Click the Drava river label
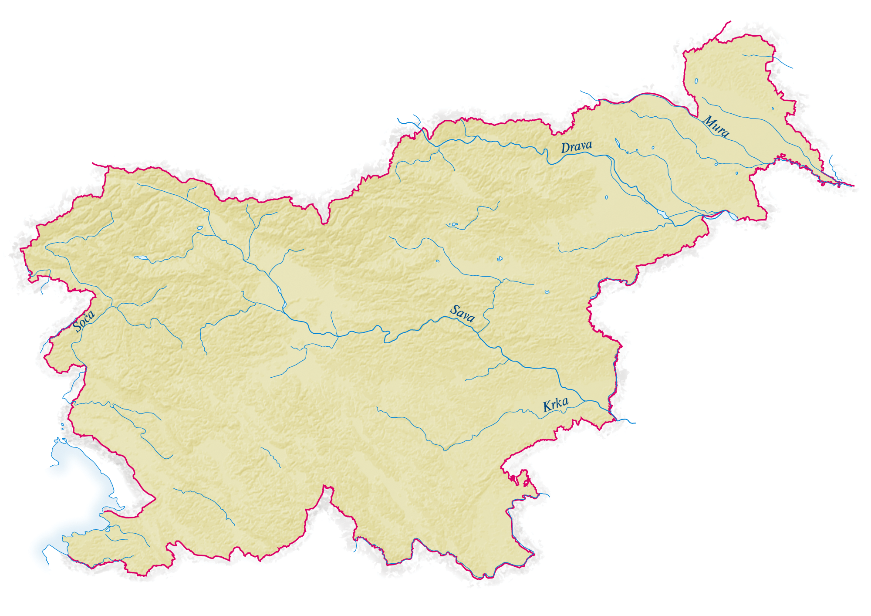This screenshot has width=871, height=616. pos(576,147)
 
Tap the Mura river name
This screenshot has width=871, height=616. pos(716,126)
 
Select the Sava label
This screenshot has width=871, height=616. pos(462,313)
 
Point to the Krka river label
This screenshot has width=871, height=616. pos(555,405)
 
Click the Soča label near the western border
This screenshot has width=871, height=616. pos(84,321)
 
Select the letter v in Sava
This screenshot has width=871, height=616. pos(465,315)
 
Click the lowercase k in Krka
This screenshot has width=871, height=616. pos(559,404)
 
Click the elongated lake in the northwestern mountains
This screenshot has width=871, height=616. pos(141,257)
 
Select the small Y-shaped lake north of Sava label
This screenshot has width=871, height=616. pos(500,259)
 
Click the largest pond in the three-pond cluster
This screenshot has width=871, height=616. pos(455,224)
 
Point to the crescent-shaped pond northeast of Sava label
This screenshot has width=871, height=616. pos(547,292)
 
